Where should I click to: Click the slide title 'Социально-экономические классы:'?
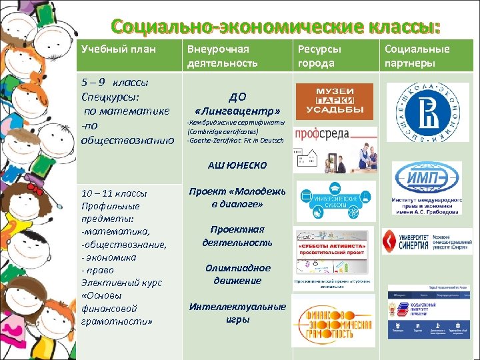tap(276, 27)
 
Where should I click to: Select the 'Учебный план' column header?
tap(107, 49)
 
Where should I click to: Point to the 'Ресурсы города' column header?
tap(319, 56)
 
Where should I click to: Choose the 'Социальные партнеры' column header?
tap(417, 56)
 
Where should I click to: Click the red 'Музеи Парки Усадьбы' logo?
tap(330, 101)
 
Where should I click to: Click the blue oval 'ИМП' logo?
tap(425, 179)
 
